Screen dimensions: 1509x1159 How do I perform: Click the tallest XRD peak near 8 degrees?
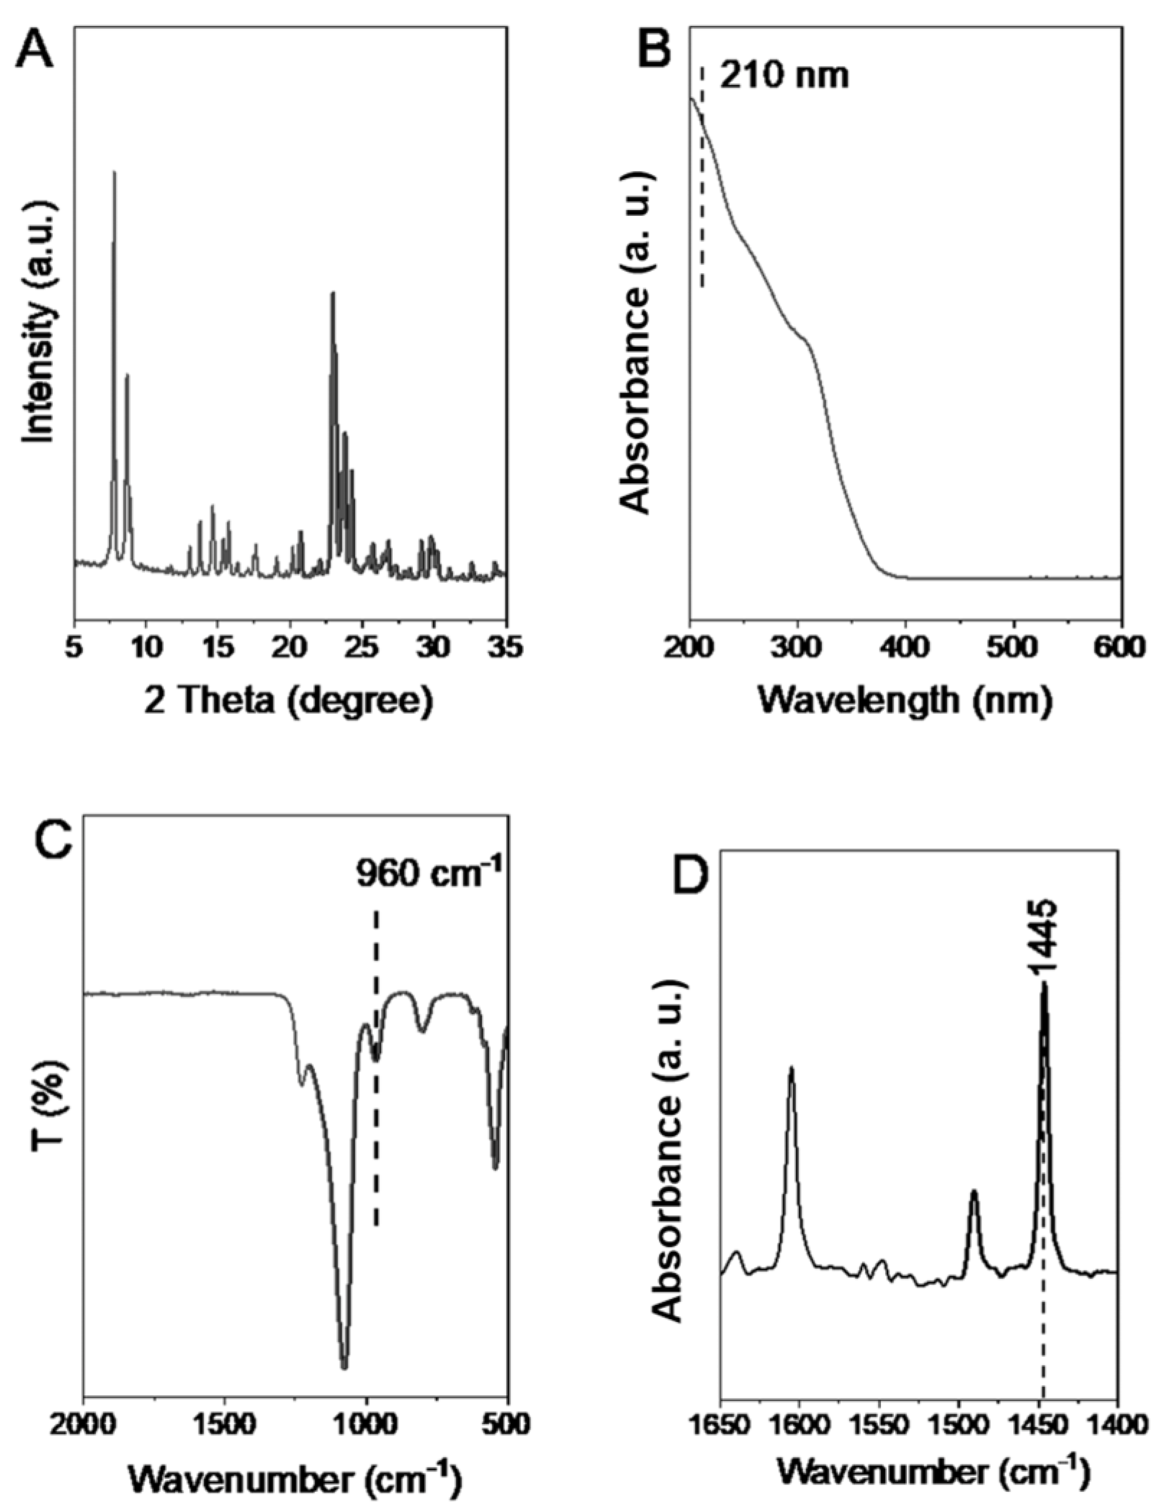(x=115, y=174)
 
